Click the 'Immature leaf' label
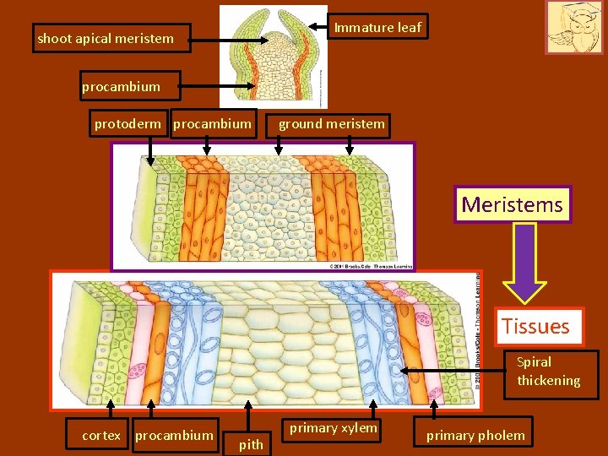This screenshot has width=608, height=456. pos(377,27)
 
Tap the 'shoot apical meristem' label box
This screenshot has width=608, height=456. pos(106,38)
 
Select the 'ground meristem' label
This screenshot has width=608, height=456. pos(331,125)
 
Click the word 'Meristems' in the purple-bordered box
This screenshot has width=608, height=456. pos(512,204)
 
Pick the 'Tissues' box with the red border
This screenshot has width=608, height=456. pos(535,326)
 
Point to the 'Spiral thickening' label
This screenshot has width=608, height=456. pos(548,372)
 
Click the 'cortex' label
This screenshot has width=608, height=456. pos(100,436)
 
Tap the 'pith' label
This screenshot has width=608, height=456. pos(251,444)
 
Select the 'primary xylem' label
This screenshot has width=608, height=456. pos(334,428)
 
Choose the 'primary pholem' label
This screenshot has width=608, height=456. pos(475,436)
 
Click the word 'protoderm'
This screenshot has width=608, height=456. pos(129,124)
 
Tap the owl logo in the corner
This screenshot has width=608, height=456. pos(574,28)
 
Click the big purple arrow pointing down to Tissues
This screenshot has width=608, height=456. pos(525,262)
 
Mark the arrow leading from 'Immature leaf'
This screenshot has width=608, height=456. pos(303,28)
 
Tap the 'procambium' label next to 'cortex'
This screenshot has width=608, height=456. pos(174,436)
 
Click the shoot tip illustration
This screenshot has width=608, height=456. pos(274,56)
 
